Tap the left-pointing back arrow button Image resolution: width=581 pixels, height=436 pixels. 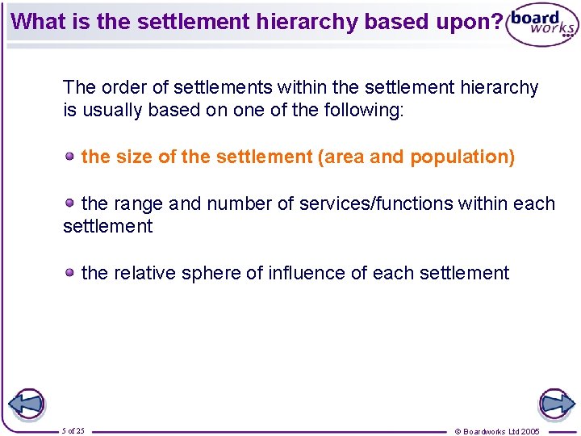pos(26,403)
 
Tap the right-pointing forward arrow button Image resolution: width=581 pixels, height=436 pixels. pos(555,403)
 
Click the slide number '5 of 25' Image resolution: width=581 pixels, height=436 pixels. pos(73,431)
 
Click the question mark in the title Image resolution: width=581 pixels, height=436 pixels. pos(495,21)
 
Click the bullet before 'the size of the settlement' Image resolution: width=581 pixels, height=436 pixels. pos(71,155)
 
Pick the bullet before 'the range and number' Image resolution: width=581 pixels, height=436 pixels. pos(71,202)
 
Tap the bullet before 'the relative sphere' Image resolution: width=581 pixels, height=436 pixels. pos(71,272)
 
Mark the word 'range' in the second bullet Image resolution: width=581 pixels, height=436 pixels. pos(139,203)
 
